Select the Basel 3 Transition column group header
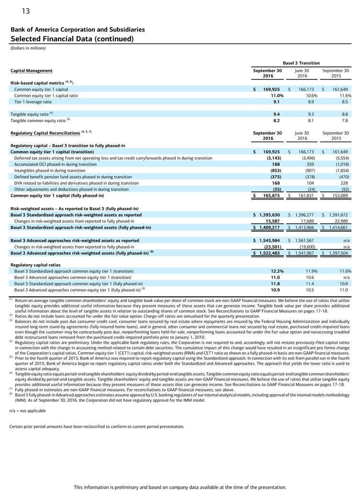pos(301,63)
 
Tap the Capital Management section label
pos(32,71)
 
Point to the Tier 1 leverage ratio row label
pos(33,101)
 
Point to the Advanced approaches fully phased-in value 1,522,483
pos(268,253)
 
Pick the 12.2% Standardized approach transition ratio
pos(277,271)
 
